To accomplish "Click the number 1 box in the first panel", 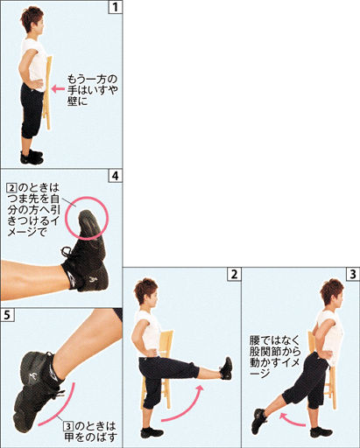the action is (116, 7).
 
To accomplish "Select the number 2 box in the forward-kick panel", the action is (234, 274).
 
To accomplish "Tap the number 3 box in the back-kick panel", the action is (353, 274).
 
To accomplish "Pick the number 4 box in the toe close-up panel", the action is (116, 176).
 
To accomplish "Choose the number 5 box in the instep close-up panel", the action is (7, 315).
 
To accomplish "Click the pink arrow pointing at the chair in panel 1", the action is (58, 88).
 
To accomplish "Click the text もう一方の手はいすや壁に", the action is (92, 90).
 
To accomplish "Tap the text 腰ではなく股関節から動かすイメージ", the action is (275, 357).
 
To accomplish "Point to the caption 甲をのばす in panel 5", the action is (91, 437).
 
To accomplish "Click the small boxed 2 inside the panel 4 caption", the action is (11, 187).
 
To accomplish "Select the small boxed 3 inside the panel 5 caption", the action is (68, 426).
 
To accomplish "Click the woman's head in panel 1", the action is (32, 20).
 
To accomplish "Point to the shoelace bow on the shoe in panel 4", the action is (67, 252).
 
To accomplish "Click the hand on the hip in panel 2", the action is (152, 351).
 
